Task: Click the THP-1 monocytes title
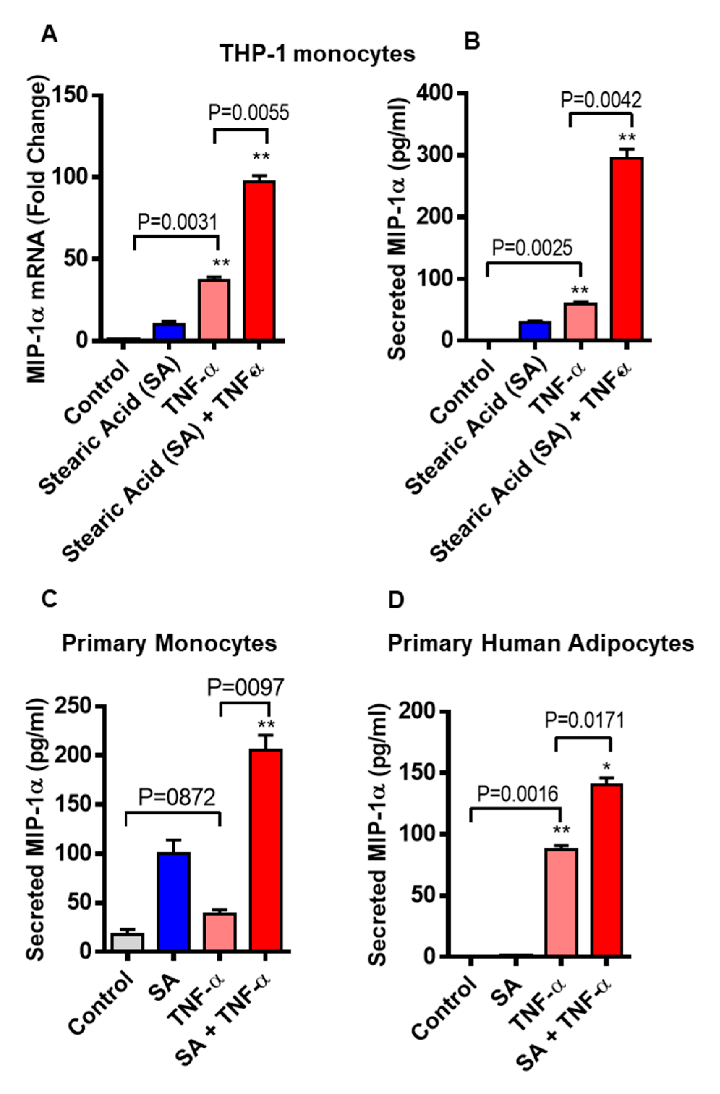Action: tap(317, 54)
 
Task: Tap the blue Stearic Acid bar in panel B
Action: tap(535, 331)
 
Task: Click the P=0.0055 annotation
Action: tap(249, 112)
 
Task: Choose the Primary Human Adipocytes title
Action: tap(541, 643)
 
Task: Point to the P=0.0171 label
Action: tap(584, 720)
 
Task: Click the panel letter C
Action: tap(49, 600)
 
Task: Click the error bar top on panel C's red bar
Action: tap(266, 735)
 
